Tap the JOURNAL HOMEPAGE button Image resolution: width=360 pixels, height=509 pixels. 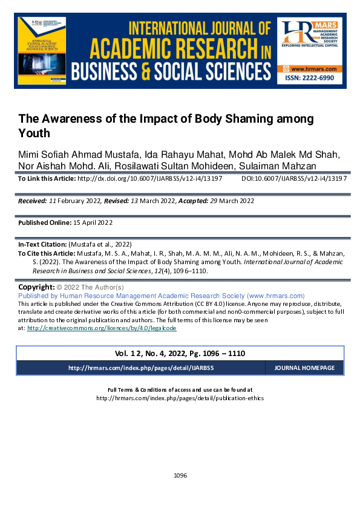[304, 368]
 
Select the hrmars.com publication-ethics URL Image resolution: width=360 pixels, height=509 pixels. [180, 398]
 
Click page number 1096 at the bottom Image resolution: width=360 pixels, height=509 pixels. [180, 476]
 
